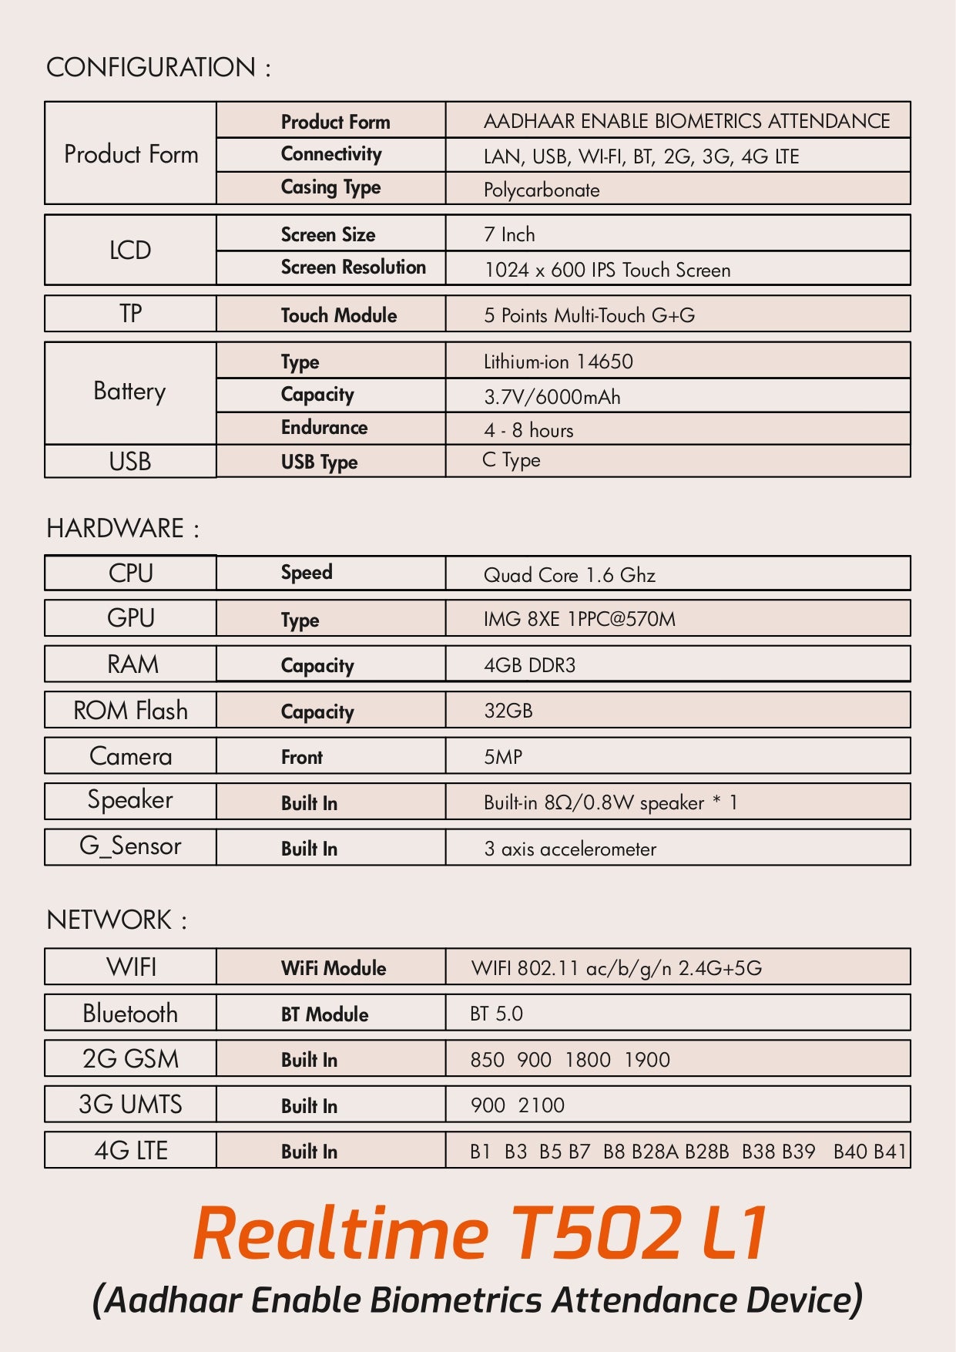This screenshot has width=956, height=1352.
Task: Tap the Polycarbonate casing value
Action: [x=542, y=190]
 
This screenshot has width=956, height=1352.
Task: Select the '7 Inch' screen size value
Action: [x=509, y=235]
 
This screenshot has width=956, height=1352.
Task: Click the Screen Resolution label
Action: [x=353, y=267]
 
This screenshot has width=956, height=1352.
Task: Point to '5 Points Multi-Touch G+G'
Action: [x=589, y=315]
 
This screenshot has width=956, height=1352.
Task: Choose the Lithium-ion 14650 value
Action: [x=558, y=362]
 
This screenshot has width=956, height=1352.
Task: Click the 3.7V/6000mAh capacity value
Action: [x=552, y=397]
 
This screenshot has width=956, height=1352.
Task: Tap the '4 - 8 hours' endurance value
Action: [x=528, y=430]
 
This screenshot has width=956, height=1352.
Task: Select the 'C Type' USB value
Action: [x=512, y=460]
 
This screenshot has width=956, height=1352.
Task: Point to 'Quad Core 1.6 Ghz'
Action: [x=569, y=575]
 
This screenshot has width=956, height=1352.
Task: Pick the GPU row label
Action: [x=130, y=618]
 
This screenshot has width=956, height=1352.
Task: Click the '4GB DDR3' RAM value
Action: [x=529, y=665]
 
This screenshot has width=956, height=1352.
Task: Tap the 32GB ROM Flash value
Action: [x=508, y=711]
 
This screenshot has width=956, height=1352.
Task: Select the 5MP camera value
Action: [x=502, y=757]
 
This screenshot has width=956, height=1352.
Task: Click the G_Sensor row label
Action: [x=130, y=846]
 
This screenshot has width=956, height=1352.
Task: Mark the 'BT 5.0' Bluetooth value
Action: [x=496, y=1014]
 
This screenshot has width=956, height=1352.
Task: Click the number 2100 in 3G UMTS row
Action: [x=542, y=1105]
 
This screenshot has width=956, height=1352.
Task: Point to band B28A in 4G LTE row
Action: [x=655, y=1152]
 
